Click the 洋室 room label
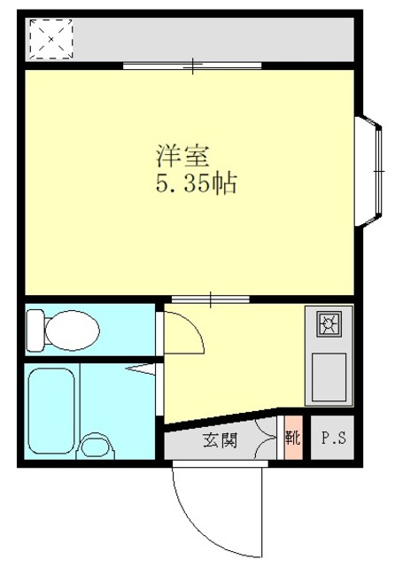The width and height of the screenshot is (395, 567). [x=183, y=158]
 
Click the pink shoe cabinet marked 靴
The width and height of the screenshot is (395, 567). [x=291, y=437]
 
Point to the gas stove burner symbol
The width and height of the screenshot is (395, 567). [x=329, y=325]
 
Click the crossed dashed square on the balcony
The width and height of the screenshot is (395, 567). [x=50, y=37]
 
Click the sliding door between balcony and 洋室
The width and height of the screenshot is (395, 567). [x=192, y=65]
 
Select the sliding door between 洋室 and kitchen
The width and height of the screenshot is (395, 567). [x=211, y=298]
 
